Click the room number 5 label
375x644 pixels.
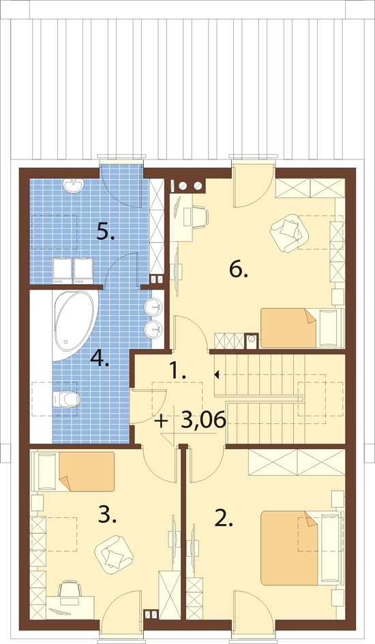click(x=106, y=232)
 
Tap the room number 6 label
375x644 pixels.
click(x=238, y=270)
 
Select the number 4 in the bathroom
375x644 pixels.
click(x=100, y=358)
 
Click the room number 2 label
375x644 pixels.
click(x=224, y=519)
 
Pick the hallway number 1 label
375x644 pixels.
click(x=179, y=371)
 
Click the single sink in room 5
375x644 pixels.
click(x=74, y=185)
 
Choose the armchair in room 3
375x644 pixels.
click(x=114, y=555)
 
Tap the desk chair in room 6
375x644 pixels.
click(x=200, y=217)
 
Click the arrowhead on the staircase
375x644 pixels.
click(x=216, y=374)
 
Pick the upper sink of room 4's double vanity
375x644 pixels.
click(x=153, y=307)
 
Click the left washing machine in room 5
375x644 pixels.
click(x=63, y=271)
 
